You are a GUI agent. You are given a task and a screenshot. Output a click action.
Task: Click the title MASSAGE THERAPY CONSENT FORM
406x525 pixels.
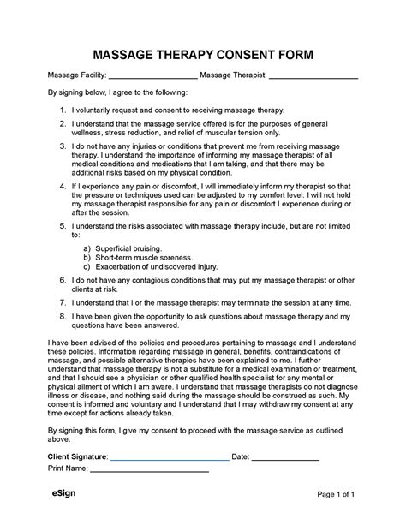tap(202, 55)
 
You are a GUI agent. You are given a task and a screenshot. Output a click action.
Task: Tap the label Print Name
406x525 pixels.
tap(68, 470)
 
